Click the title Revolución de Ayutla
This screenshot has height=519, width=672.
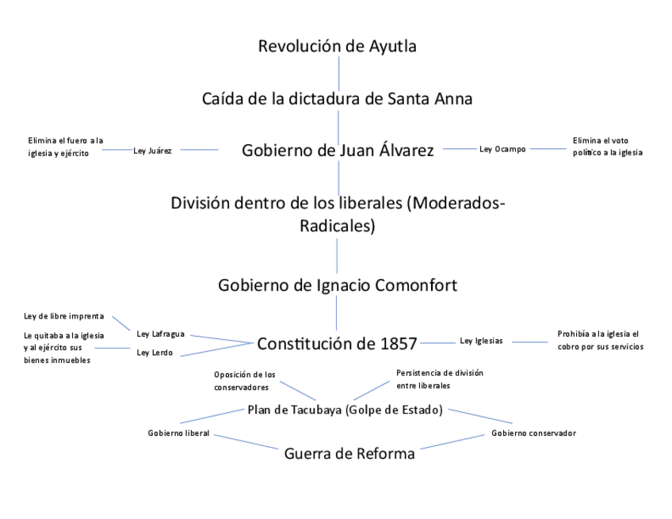(337, 46)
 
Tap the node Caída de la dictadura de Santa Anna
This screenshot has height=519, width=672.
(337, 99)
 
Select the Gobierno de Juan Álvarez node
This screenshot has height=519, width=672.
(338, 151)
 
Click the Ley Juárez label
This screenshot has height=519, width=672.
(153, 149)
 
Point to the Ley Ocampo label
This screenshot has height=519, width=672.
(502, 149)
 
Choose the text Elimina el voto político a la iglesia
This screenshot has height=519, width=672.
(607, 147)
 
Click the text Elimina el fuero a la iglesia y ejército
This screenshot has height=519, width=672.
(66, 147)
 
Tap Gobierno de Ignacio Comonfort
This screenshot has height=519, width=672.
(338, 285)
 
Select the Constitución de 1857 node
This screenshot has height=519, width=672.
(337, 344)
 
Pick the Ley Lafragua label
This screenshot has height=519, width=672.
(161, 334)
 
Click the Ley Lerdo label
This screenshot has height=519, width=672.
(155, 353)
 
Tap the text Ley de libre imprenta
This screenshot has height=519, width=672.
(63, 316)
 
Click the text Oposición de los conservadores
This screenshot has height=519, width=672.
(246, 381)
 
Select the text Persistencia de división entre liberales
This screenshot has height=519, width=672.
(440, 379)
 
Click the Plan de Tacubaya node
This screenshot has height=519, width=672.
(345, 410)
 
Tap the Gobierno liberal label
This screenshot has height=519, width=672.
(178, 433)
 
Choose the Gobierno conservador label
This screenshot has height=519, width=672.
(533, 433)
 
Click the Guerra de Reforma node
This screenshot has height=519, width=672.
(349, 454)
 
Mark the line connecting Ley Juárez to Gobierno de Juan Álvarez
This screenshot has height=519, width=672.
(195, 149)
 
